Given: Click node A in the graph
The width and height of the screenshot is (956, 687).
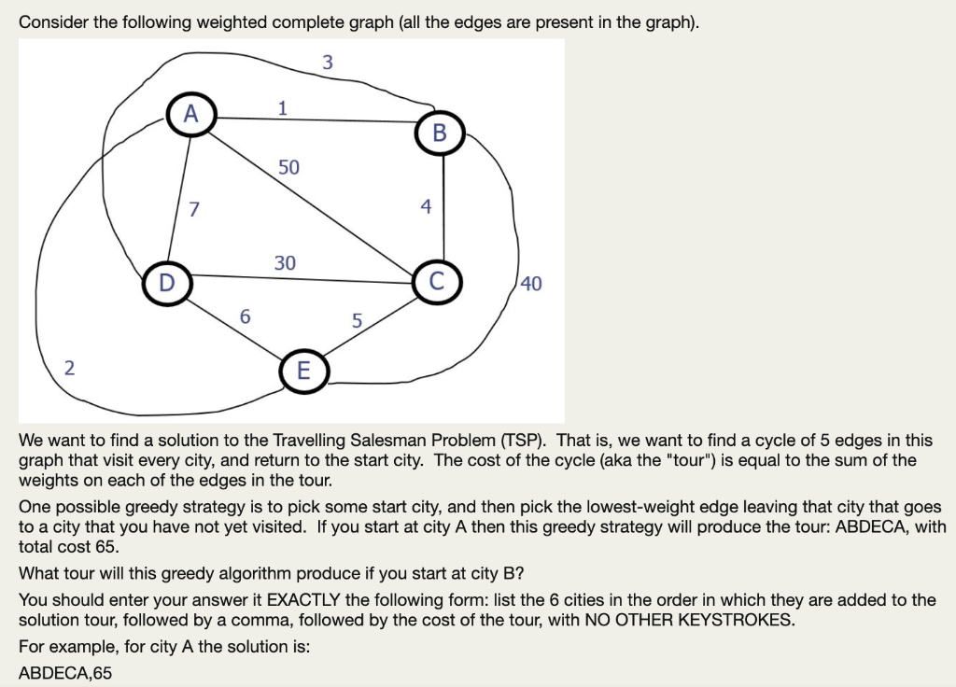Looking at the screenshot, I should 191,114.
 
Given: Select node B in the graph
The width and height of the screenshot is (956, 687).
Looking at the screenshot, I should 441,132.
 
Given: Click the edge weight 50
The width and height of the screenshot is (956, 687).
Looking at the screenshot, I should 288,168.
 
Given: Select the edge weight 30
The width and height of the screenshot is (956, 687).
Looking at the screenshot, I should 285,263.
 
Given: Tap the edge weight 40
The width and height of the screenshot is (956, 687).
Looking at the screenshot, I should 530,284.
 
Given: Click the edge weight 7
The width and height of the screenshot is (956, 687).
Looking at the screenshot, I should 193,208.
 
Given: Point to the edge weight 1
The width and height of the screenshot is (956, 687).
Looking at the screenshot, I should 282,107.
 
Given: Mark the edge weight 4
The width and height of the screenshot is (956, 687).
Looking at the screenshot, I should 426,206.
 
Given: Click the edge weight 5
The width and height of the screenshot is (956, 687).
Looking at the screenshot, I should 357,322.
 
